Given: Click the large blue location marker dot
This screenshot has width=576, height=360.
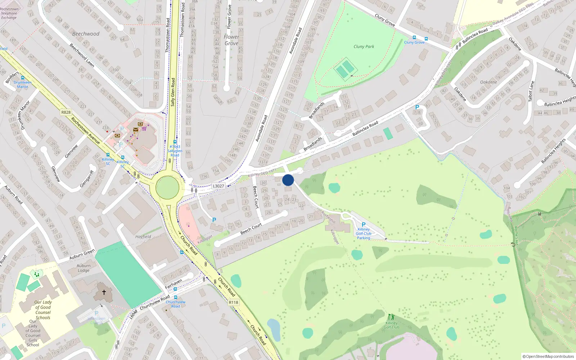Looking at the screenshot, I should [x=288, y=180].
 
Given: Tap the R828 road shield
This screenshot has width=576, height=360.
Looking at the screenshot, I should [x=66, y=112].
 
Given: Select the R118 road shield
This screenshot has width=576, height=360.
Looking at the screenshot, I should [x=233, y=302].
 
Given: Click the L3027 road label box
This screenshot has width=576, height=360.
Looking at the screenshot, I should [x=218, y=186].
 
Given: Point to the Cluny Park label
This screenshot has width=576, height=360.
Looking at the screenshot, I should [x=364, y=46].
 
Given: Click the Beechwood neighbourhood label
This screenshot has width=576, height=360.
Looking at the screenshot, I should [x=86, y=34].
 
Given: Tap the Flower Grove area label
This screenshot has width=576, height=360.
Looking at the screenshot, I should [x=231, y=40].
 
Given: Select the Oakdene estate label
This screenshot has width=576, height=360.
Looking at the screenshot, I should [x=488, y=82].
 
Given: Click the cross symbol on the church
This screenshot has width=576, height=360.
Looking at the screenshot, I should [x=104, y=292].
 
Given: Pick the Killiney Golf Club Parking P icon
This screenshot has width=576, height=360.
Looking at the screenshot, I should [x=364, y=225].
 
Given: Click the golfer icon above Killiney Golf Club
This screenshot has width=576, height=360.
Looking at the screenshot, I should [x=391, y=317].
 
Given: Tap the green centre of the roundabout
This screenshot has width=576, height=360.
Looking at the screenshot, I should [x=167, y=188].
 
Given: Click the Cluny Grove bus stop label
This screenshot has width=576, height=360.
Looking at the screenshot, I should [x=414, y=42].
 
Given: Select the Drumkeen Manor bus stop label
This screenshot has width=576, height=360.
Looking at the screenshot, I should [x=22, y=85].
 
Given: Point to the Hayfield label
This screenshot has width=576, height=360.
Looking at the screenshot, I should [x=143, y=237].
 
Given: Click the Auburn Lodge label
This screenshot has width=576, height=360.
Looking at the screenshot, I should [x=84, y=268].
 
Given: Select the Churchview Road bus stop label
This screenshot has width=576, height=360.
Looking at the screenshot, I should [x=175, y=304].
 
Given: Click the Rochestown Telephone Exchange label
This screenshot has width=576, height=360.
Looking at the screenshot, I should [x=9, y=13].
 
